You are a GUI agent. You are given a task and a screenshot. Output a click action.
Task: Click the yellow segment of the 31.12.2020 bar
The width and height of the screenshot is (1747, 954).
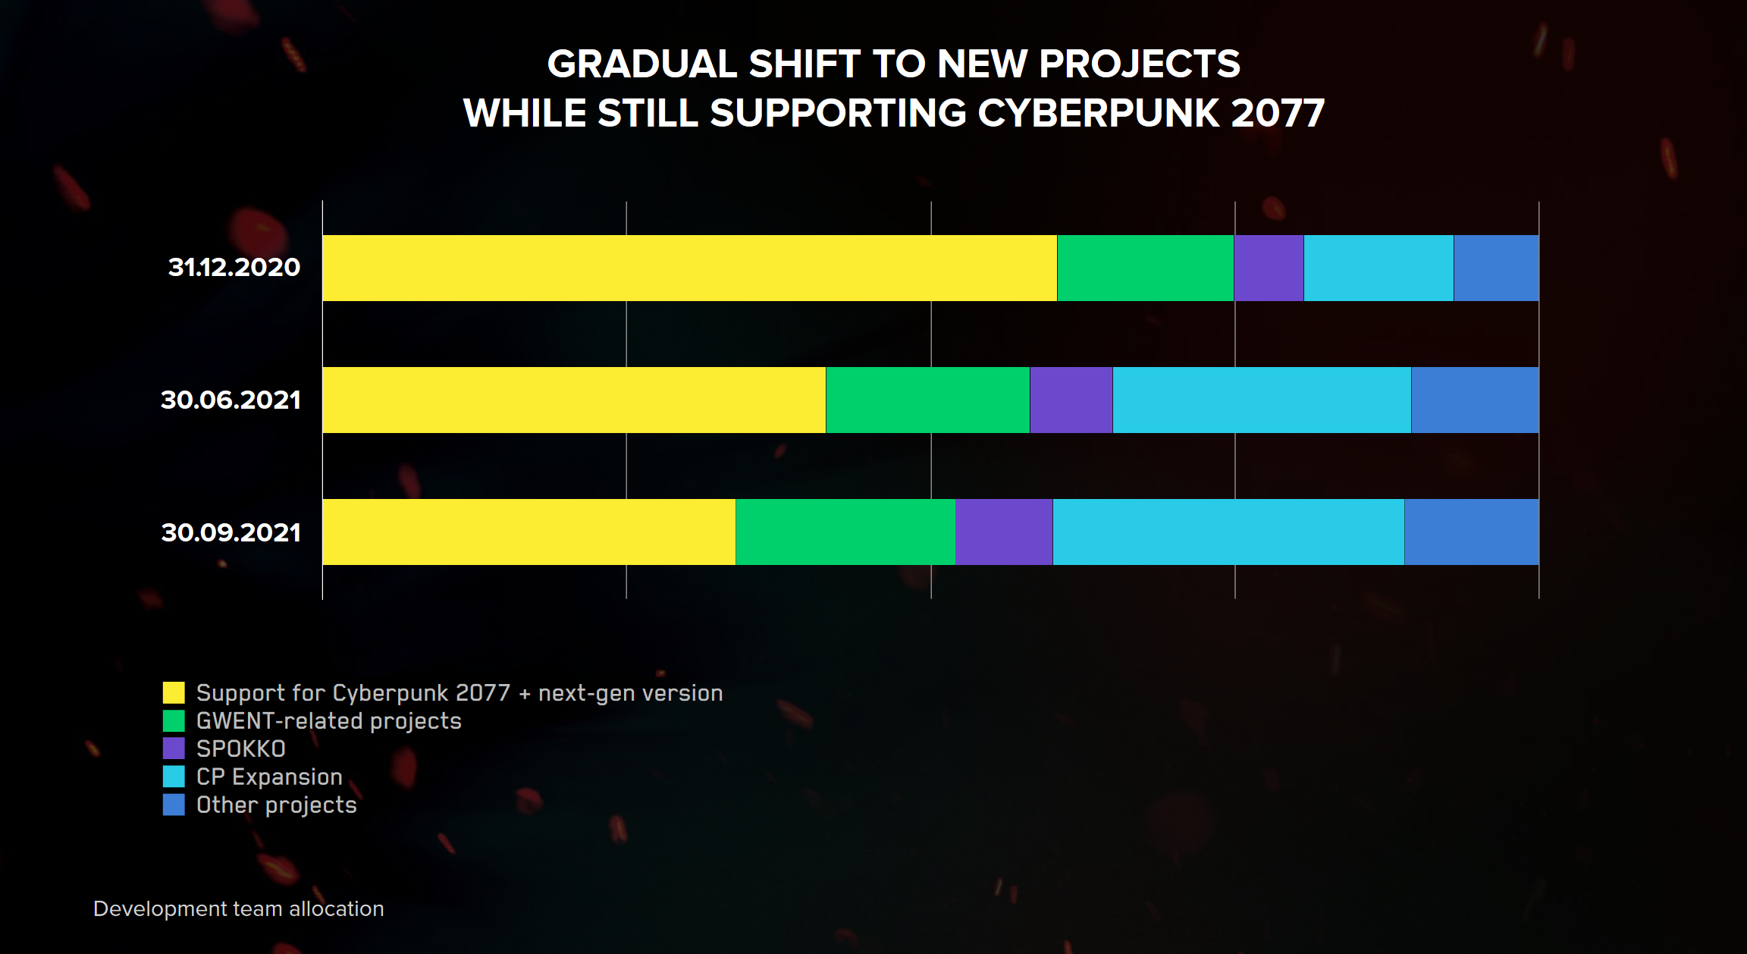click(690, 268)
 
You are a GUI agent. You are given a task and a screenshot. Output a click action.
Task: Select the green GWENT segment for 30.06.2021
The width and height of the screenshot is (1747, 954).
click(928, 400)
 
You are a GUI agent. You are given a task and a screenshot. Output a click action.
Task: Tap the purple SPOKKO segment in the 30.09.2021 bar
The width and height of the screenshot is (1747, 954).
click(1004, 532)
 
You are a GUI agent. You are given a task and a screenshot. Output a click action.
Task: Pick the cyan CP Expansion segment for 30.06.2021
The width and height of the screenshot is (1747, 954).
click(1262, 400)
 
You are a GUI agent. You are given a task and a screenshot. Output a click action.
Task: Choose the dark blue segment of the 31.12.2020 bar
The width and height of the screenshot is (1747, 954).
click(1496, 268)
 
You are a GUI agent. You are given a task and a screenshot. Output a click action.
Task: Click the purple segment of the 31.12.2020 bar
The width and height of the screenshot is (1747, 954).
click(1269, 268)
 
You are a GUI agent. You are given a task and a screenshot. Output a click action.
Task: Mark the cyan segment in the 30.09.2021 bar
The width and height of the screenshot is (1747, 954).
click(1228, 532)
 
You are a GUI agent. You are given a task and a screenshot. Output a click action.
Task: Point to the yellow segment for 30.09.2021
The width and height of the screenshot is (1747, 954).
click(529, 532)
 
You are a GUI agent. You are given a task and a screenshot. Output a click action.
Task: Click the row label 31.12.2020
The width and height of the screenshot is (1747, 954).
click(234, 267)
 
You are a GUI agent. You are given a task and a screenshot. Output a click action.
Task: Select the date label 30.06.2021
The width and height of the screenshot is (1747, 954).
click(231, 400)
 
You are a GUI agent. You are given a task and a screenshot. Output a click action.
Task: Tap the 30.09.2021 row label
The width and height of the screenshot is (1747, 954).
click(231, 532)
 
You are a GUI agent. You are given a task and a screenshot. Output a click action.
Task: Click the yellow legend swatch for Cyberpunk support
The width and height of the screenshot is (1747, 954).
click(174, 692)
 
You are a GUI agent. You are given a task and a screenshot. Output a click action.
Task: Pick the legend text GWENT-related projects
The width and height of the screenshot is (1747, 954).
click(329, 721)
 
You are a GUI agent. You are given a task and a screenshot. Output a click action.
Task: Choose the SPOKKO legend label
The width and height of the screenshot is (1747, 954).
click(241, 749)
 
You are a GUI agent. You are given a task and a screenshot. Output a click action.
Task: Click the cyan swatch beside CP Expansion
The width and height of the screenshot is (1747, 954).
click(174, 777)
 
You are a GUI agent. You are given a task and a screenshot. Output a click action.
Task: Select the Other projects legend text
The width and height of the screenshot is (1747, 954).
click(277, 805)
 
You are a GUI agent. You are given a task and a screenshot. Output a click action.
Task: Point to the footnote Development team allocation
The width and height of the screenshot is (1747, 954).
click(238, 908)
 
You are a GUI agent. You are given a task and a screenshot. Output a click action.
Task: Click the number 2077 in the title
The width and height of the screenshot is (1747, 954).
click(1278, 113)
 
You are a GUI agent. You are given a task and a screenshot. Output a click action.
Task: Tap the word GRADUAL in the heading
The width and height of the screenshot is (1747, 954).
click(642, 64)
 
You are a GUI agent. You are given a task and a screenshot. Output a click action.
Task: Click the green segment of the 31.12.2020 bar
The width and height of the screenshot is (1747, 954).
click(1146, 268)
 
